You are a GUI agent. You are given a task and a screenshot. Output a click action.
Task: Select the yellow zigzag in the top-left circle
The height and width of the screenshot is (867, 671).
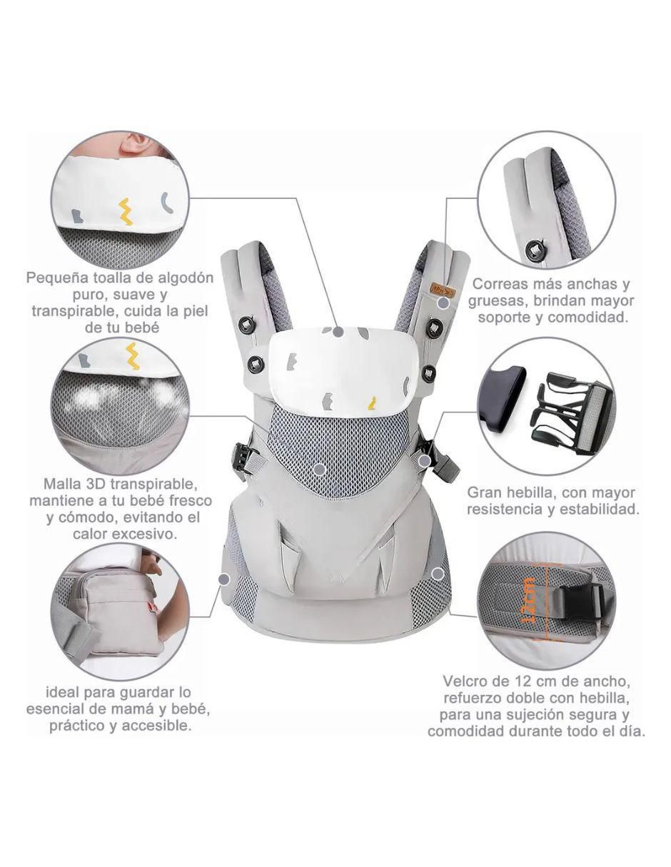[127, 212]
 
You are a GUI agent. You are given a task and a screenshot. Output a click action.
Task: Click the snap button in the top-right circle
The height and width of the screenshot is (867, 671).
[535, 249]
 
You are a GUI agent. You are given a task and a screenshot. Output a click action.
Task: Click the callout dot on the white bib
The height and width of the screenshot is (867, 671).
[338, 332]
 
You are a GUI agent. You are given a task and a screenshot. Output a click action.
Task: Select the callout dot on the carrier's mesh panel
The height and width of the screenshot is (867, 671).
[318, 470]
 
